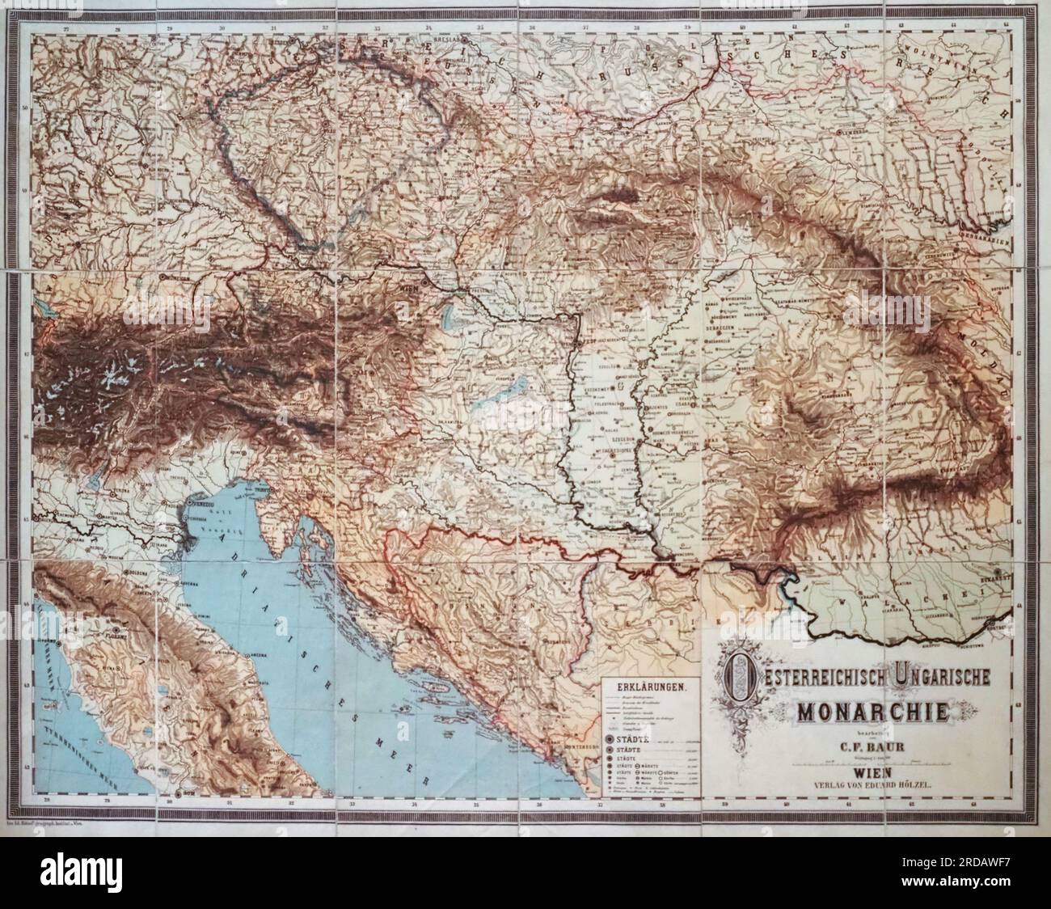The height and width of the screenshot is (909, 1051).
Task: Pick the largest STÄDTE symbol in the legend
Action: tap(609, 740)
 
